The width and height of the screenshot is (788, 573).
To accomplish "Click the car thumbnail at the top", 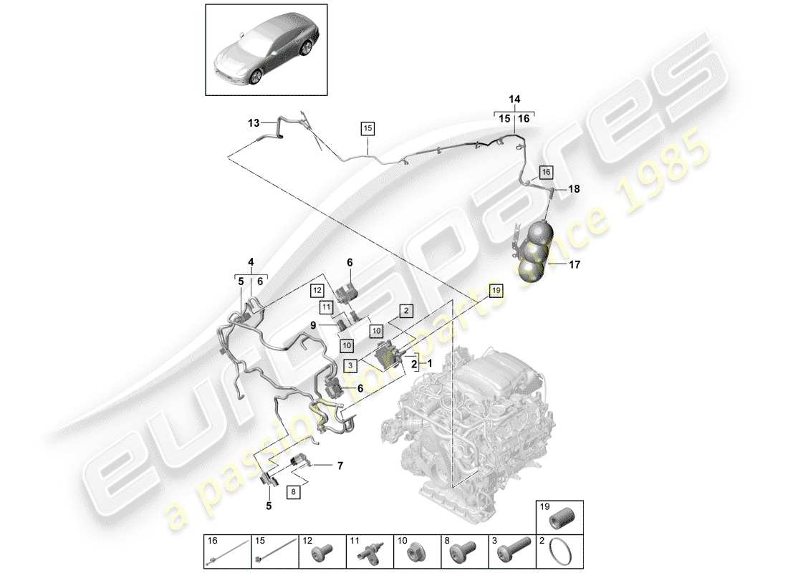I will pos(266,49).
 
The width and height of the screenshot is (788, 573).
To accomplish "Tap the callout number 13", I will pos(254,123).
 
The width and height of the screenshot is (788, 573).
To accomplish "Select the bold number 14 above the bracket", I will pos(514,100).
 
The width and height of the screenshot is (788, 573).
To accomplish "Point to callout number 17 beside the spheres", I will pos(575,264).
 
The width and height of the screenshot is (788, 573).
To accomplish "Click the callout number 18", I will pos(574,189).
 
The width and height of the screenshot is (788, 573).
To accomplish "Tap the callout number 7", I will pos(340,466).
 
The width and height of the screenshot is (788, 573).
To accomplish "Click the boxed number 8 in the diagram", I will pos(292,492).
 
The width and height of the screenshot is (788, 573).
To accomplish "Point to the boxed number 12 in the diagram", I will pos(317,290).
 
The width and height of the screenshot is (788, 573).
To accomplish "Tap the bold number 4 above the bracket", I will pos(250,261).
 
